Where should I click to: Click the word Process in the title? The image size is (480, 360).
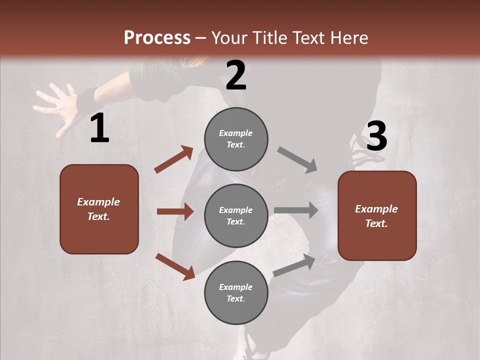pos(157,38)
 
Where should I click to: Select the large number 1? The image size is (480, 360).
pos(99,128)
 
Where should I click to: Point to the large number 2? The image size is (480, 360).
pos(236,75)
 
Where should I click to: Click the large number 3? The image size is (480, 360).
pos(376,136)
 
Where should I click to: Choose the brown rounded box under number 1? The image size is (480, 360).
pos(99,209)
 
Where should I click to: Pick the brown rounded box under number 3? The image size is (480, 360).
pos(377,215)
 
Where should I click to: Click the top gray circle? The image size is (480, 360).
pos(236,139)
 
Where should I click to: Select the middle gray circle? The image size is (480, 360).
pos(236,215)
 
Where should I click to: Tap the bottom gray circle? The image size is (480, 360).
pos(236,292)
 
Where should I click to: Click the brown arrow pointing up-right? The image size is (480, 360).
pos(174,159)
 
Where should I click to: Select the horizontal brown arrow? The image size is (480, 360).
pos(175,211)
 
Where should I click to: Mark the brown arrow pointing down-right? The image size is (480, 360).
pos(175,266)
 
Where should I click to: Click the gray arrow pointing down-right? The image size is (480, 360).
pos(297,159)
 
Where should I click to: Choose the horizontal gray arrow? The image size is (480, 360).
pos(296,210)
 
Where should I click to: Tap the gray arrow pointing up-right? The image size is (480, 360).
pos(294,265)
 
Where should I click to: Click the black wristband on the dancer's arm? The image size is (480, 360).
pos(86,99)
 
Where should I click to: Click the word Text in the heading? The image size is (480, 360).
pos(307,38)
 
